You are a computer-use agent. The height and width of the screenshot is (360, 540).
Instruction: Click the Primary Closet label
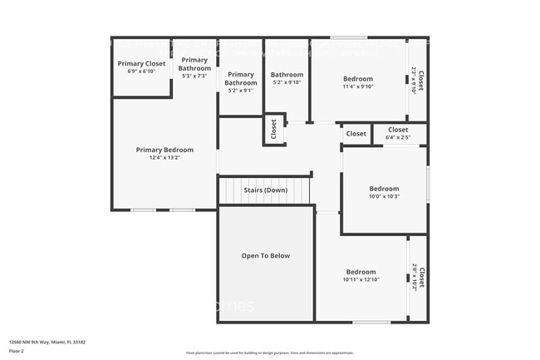tap(142, 63)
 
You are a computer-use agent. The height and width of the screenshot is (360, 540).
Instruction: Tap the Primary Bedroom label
tap(164, 150)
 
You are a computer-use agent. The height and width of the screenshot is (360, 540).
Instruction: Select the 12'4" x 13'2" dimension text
tap(164, 157)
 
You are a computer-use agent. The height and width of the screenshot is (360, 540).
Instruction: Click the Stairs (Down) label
tap(265, 190)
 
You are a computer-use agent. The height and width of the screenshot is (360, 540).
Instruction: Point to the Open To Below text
tap(265, 255)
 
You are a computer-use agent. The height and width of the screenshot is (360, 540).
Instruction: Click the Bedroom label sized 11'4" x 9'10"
tap(358, 79)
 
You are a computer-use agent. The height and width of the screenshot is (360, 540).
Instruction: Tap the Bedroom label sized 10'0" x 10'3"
tap(384, 189)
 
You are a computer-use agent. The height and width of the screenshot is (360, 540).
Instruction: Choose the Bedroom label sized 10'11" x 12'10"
tap(361, 272)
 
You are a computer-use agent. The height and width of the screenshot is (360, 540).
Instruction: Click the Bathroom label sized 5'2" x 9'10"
tap(286, 75)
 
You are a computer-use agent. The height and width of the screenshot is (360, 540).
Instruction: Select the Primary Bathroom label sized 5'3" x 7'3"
tap(194, 63)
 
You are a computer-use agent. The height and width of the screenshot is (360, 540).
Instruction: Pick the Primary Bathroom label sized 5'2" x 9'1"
tap(241, 78)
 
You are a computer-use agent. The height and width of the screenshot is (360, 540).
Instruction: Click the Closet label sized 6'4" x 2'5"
tap(398, 130)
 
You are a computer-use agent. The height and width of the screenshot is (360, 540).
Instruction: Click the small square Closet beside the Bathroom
tap(273, 129)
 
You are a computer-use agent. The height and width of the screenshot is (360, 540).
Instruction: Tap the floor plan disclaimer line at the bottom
tap(269, 353)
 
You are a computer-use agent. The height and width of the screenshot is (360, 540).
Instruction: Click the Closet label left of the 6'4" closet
tap(356, 134)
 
